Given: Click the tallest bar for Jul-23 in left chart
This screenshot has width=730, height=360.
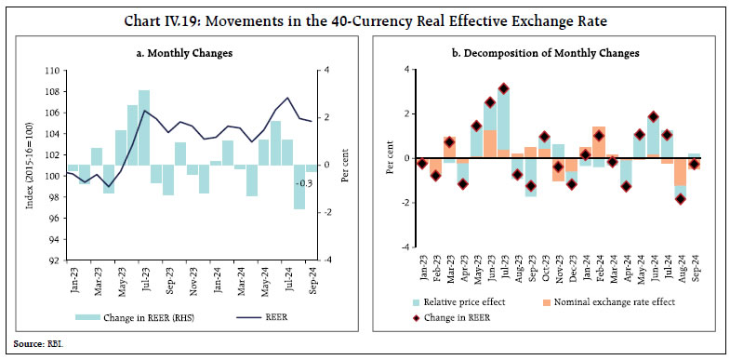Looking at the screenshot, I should click(144, 128).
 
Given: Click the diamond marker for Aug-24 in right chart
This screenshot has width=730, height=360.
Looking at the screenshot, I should click(681, 199).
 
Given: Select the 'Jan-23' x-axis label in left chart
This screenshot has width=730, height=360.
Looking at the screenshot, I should click(73, 278).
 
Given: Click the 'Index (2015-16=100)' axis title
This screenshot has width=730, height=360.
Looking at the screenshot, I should click(33, 165).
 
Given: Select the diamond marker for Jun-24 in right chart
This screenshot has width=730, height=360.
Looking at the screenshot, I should click(653, 117).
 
